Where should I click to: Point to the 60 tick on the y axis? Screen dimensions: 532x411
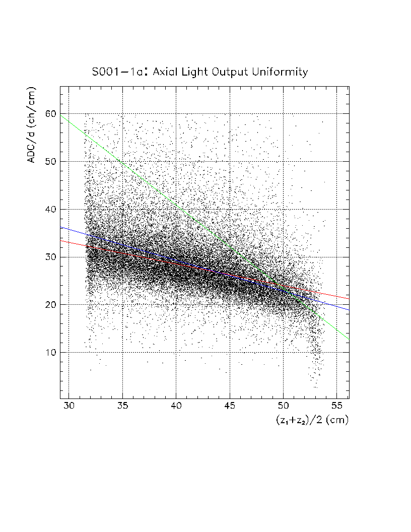coord(49,114)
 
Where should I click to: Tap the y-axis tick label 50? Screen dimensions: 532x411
coord(49,162)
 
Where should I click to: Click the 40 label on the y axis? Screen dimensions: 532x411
coord(49,209)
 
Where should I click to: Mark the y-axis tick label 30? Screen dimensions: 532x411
coord(49,257)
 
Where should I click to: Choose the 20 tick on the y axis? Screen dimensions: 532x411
coord(49,305)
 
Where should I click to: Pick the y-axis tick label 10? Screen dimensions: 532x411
coord(49,353)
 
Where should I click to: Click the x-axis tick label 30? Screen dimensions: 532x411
coord(69,406)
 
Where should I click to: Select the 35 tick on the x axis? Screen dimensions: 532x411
coord(122,406)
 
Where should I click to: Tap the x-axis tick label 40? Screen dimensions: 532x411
coord(176,406)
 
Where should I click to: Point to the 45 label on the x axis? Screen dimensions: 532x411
coord(230,406)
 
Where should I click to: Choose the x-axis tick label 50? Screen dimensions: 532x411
coord(283,406)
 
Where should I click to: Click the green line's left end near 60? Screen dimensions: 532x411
coord(61,115)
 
